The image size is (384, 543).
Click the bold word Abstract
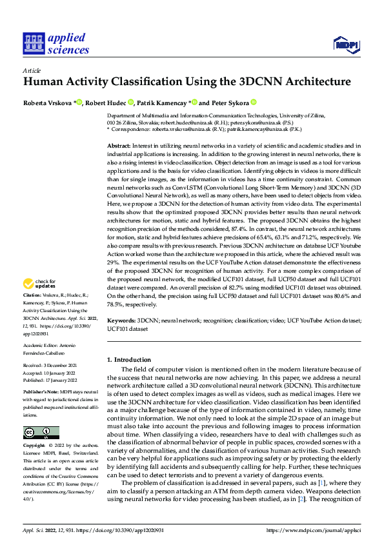pos(119,146)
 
